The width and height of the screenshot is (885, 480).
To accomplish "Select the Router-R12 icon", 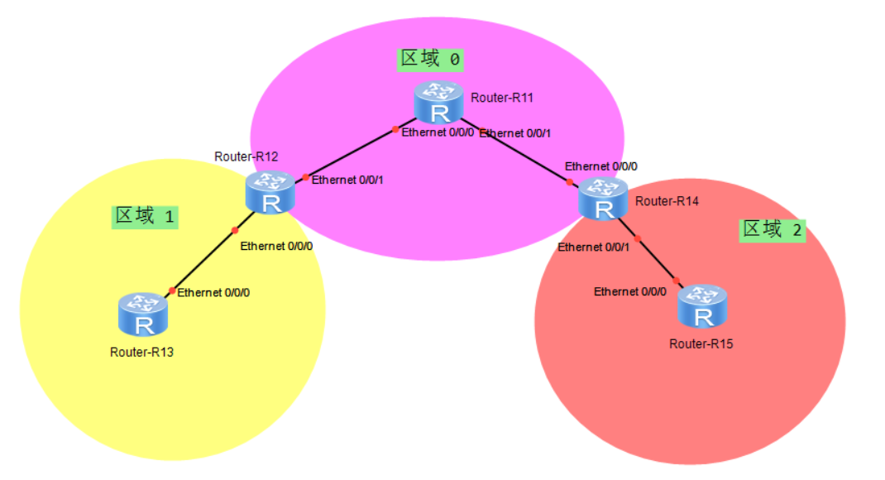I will tap(270, 193).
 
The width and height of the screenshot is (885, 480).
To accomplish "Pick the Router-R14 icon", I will tap(604, 199).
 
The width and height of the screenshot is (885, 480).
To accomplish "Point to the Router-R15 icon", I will tap(702, 306).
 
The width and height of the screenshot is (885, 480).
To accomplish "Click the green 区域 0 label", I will tap(430, 59).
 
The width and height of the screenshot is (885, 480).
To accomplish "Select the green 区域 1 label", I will tap(145, 217).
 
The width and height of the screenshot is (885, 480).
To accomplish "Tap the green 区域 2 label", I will tap(772, 230).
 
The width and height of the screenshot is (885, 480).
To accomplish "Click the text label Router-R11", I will tap(502, 98).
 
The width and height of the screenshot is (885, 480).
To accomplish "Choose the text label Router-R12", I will tap(246, 156).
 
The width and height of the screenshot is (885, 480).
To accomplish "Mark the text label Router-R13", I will tap(141, 352).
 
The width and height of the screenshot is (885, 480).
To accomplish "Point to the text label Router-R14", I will tap(667, 201).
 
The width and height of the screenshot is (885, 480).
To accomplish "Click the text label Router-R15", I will tap(701, 343).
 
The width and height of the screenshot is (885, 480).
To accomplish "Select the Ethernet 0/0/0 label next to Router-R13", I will tap(213, 292).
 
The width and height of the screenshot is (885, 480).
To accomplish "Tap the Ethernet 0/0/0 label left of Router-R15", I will tap(629, 291).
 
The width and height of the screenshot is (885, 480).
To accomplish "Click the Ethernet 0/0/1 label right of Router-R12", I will tap(347, 179).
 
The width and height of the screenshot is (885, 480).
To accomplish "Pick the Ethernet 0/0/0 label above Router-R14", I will tap(600, 166).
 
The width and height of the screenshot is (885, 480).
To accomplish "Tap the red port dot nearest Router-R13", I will tap(172, 290).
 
